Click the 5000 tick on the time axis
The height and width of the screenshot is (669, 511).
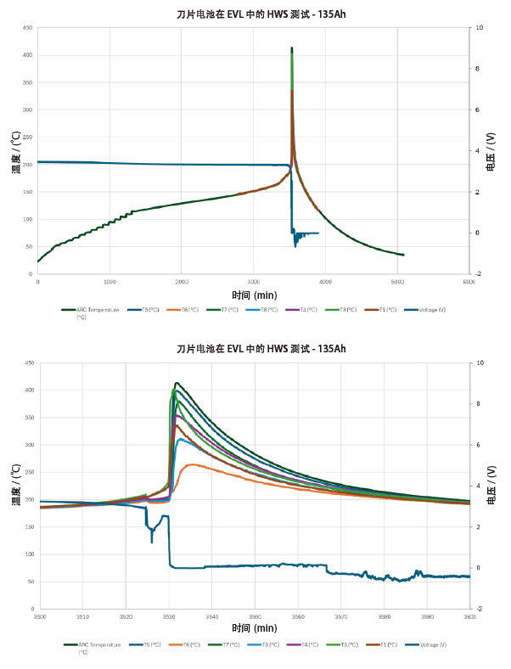click(x=397, y=281)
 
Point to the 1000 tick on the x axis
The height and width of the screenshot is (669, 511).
click(x=109, y=281)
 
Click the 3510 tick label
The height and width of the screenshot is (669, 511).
click(x=82, y=616)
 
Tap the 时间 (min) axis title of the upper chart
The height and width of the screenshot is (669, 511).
click(x=253, y=293)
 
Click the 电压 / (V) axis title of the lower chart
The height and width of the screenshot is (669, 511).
click(x=491, y=485)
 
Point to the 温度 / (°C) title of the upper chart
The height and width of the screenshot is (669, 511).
click(x=15, y=151)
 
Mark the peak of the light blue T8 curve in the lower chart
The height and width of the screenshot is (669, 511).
click(x=180, y=439)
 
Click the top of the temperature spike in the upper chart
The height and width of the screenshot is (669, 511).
click(x=292, y=48)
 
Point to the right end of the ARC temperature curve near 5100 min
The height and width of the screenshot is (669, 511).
click(x=403, y=255)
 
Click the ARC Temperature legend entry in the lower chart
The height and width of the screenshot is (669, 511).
click(x=96, y=645)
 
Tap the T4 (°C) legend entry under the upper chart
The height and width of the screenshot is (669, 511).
click(x=307, y=310)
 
